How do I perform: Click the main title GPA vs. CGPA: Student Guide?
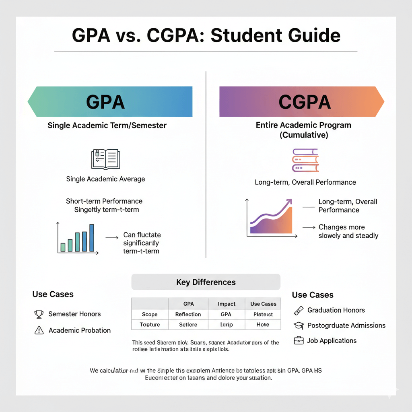pos(206,35)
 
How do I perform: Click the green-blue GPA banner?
pos(110,101)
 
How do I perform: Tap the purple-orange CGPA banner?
pos(302,101)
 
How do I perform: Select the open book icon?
pos(105,159)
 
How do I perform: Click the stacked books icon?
pos(305,161)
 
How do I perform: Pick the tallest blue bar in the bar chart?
pos(92,238)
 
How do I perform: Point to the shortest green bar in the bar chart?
pos(63,247)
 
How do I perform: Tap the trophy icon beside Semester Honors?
pos(39,314)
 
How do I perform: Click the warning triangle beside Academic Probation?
pos(39,330)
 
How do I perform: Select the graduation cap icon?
pos(299,325)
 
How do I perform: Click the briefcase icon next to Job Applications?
pos(299,341)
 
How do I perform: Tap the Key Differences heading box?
pos(206,282)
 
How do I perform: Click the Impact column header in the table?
pos(227,304)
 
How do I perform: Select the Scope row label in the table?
pos(150,314)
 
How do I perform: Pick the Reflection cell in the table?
pos(188,314)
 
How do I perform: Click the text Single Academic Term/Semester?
pos(107,125)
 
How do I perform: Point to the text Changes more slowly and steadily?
pos(348,231)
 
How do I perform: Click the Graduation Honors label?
pos(336,310)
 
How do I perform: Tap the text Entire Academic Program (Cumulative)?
pos(303,130)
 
